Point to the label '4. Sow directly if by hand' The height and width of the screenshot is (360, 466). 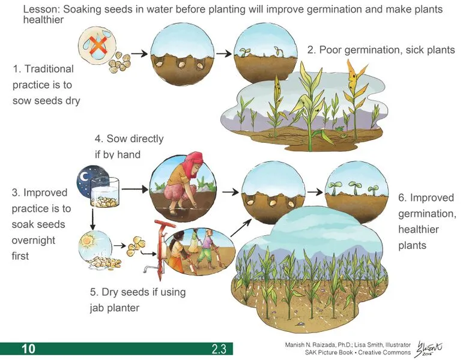(129, 146)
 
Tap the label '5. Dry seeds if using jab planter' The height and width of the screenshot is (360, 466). (138, 300)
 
